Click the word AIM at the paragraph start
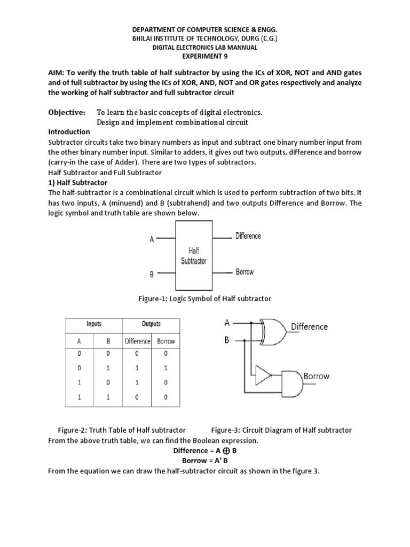point(57,72)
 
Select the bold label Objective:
point(67,113)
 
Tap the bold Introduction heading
point(69,132)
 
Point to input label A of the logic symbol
point(152,240)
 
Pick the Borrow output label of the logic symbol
point(245,272)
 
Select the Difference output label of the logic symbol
point(249,236)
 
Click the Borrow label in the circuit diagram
point(317,376)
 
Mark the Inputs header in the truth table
point(94,324)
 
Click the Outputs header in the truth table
point(151,324)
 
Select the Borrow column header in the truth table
point(165,341)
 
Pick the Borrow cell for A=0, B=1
point(165,368)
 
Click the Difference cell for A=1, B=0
point(138,382)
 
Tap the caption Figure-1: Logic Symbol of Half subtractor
point(204,299)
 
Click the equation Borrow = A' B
point(204,460)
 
